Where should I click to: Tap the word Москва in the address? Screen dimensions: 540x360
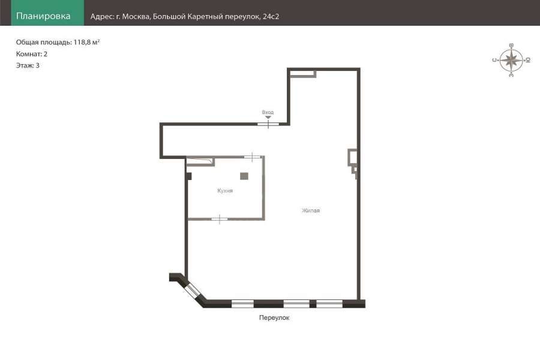click(x=136, y=17)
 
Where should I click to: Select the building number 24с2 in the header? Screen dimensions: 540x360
click(x=271, y=17)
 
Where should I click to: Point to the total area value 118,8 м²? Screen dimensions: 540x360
click(x=87, y=43)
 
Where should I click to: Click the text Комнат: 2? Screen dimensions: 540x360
click(x=32, y=54)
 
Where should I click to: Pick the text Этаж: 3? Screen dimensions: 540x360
click(x=28, y=65)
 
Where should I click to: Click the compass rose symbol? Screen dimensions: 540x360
click(x=511, y=60)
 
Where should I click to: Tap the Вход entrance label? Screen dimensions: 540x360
click(x=268, y=112)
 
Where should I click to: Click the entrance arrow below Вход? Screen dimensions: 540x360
click(x=268, y=118)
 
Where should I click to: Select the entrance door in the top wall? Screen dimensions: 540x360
click(x=268, y=124)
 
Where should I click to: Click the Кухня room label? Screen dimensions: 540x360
click(x=225, y=191)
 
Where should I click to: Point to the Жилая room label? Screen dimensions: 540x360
click(x=311, y=211)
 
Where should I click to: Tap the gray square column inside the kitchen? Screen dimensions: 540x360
click(x=244, y=176)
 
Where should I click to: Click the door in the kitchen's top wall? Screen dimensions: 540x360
click(x=252, y=157)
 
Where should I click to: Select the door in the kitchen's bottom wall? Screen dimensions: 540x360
click(x=220, y=219)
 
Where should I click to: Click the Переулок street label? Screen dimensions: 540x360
click(x=274, y=317)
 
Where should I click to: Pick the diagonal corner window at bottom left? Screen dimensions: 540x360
click(x=191, y=290)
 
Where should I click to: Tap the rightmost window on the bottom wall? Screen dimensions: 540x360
click(x=329, y=304)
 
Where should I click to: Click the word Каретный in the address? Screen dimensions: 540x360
click(x=206, y=17)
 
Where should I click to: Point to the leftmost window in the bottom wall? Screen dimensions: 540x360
click(x=242, y=304)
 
